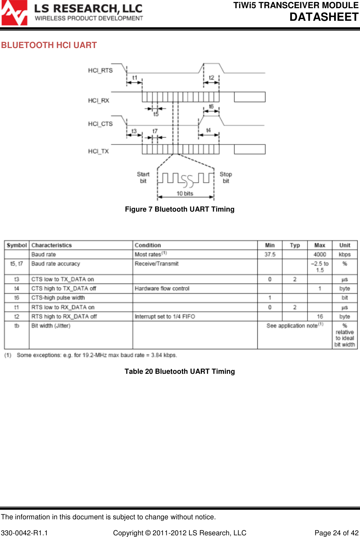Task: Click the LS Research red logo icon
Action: (x=14, y=13)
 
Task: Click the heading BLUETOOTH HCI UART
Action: (x=49, y=45)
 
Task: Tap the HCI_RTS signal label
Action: (x=100, y=71)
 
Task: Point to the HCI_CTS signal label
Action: (x=100, y=124)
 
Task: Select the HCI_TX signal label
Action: (x=98, y=151)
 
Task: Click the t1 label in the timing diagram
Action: (x=135, y=78)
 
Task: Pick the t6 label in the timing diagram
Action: (x=211, y=107)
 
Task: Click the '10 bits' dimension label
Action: (x=185, y=194)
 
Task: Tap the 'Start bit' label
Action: (x=143, y=178)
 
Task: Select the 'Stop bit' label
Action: (x=226, y=178)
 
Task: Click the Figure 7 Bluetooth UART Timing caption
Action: (x=180, y=209)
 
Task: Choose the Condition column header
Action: (x=148, y=245)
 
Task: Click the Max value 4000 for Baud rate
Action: (x=320, y=255)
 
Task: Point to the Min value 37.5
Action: (x=270, y=255)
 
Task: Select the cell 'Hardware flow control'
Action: (x=162, y=289)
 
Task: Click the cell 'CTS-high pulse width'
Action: (x=58, y=298)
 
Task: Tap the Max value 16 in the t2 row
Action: (x=320, y=317)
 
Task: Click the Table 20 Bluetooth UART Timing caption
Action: (x=180, y=371)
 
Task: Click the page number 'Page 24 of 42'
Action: (x=336, y=533)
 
